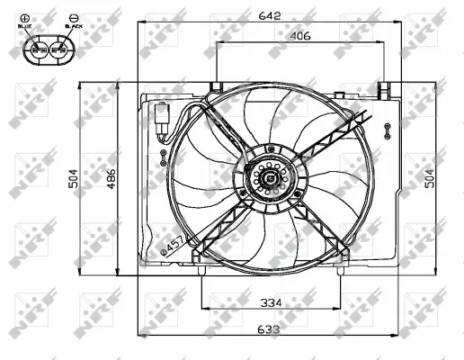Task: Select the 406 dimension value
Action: [x=299, y=37]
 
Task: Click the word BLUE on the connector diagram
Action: [x=24, y=27]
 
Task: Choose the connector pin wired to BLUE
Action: [x=36, y=49]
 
